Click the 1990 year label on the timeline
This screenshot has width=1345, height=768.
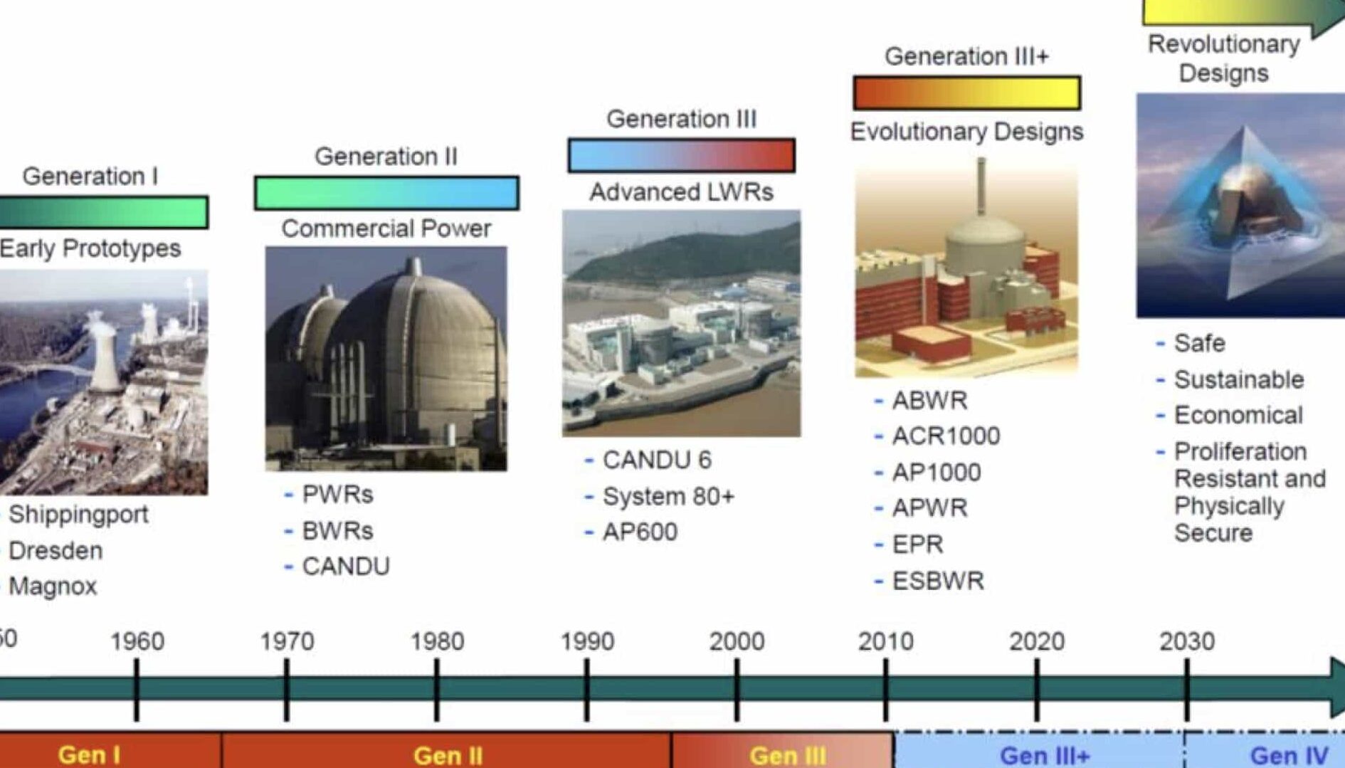[x=587, y=641]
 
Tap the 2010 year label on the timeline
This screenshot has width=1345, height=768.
[x=885, y=641]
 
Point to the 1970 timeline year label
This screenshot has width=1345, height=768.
[x=287, y=641]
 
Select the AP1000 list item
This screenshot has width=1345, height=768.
[x=937, y=472]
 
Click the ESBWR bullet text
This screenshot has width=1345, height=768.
[x=938, y=581]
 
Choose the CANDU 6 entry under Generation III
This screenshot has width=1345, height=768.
[x=657, y=460]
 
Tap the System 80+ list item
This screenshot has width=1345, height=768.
[x=668, y=496]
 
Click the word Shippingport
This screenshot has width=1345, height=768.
[x=78, y=515]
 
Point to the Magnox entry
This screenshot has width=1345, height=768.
[x=53, y=586]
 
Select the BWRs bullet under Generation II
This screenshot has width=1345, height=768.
[x=337, y=531]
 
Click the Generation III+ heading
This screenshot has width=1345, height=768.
[x=966, y=56]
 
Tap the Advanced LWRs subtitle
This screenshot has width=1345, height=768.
[x=681, y=192]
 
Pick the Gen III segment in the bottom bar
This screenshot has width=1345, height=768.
[x=782, y=750]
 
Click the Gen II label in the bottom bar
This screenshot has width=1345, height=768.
[x=448, y=755]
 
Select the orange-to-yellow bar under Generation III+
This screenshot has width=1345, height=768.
[x=966, y=93]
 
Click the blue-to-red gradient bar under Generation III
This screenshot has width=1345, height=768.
[x=681, y=156]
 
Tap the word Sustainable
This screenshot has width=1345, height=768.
[x=1239, y=379]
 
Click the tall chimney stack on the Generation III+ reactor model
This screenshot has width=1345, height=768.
[x=981, y=186]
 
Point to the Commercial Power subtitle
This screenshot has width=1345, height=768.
[x=386, y=228]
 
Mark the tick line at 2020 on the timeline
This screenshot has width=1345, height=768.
[x=1037, y=690]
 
